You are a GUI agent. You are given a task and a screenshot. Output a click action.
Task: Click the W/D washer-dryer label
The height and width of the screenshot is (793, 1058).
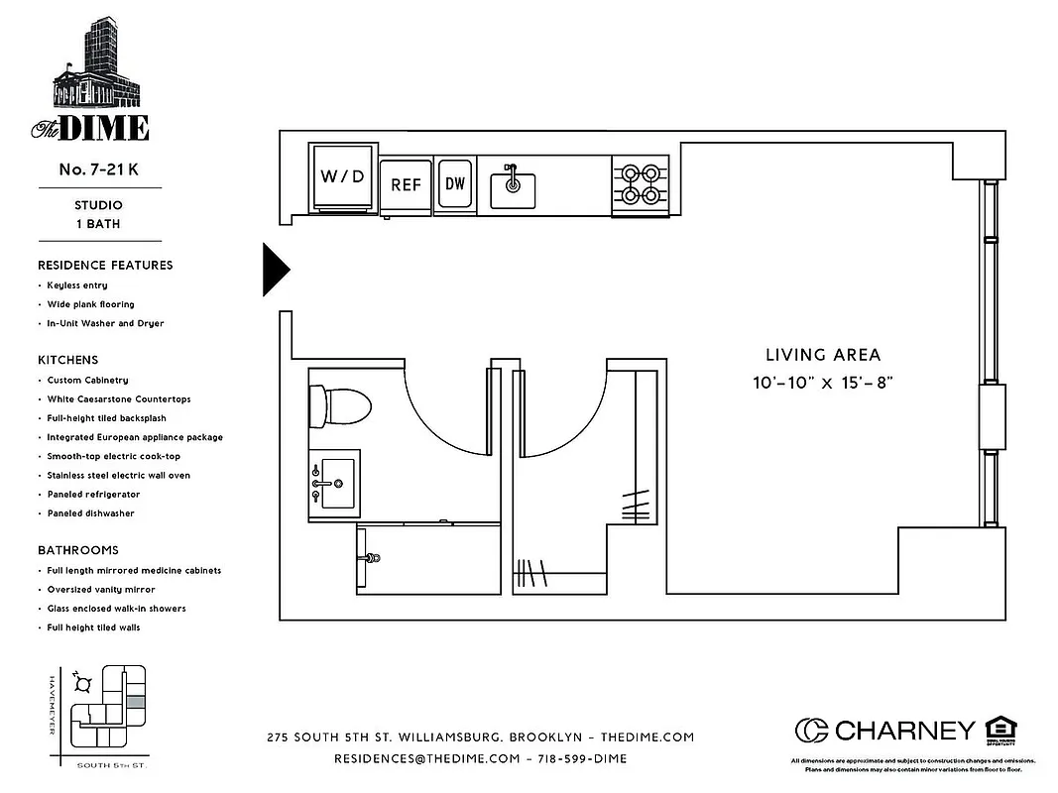point(343,177)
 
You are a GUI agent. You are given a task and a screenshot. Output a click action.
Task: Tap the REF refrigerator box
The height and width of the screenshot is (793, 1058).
point(406,184)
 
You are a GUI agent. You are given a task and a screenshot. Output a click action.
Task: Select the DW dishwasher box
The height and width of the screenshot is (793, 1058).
point(455,183)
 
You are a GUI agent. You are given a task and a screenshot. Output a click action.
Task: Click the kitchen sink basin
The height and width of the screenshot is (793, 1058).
point(514,188)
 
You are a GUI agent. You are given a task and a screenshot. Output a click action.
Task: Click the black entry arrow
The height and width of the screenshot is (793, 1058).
point(275,269)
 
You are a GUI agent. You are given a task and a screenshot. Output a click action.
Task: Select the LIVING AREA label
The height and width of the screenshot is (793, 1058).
point(822,355)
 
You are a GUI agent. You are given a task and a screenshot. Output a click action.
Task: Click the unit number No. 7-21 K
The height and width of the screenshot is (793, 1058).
point(98,170)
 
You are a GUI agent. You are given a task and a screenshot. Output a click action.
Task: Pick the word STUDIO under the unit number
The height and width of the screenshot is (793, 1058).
point(98,205)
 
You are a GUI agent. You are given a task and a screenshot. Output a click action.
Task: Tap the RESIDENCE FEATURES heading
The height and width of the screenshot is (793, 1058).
point(105,266)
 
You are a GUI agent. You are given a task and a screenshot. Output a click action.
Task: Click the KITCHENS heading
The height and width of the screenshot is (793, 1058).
point(68,360)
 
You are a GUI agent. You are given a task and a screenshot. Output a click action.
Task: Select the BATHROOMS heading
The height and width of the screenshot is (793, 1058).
point(78,550)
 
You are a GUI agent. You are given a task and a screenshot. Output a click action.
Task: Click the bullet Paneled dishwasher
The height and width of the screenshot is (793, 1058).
point(90,513)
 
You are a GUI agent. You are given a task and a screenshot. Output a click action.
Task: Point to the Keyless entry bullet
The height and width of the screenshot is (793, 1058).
point(77,285)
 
